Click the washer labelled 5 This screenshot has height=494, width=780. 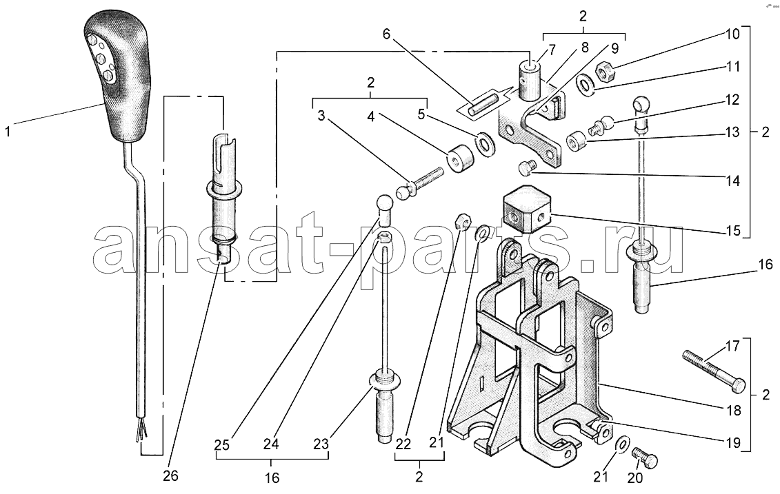point(485,143)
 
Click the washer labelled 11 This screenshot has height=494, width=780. point(587,85)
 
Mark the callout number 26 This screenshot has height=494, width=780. point(170,475)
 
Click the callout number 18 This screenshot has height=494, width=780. point(734,411)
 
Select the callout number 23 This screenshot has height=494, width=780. point(321,444)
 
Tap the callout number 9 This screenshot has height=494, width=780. point(615,49)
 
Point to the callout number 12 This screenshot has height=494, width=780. point(732,100)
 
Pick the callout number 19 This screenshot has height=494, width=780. point(734,442)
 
